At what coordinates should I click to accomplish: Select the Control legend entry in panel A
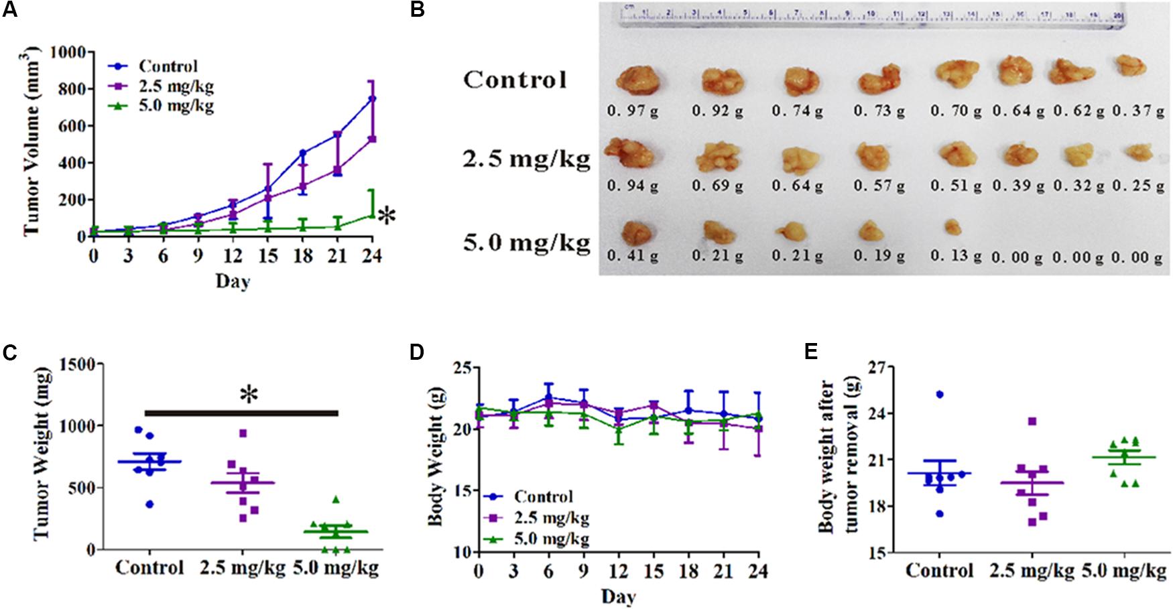pyautogui.click(x=168, y=66)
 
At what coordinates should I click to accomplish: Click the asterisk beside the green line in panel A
pyautogui.click(x=386, y=216)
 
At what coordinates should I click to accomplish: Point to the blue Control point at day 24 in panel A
pyautogui.click(x=372, y=98)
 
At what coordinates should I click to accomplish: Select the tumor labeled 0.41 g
pyautogui.click(x=635, y=232)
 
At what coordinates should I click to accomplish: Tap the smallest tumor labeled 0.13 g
pyautogui.click(x=952, y=228)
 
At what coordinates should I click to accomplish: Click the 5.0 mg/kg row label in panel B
pyautogui.click(x=527, y=243)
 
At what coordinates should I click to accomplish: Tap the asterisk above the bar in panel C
pyautogui.click(x=249, y=394)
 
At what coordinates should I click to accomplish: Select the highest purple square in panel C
pyautogui.click(x=243, y=433)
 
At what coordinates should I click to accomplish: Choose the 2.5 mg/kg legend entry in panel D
pyautogui.click(x=551, y=518)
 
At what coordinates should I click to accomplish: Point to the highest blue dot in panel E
pyautogui.click(x=940, y=394)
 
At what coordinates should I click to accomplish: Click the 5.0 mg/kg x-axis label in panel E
pyautogui.click(x=1125, y=571)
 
